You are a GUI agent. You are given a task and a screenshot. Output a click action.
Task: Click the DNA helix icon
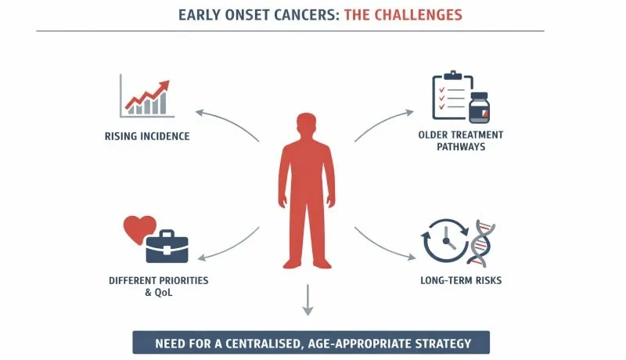coord(484,243)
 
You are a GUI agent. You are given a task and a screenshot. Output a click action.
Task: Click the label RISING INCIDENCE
coord(147,136)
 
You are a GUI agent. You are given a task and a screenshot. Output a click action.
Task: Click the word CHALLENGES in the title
coord(419,14)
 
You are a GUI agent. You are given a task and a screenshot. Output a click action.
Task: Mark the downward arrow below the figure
coord(308,301)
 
